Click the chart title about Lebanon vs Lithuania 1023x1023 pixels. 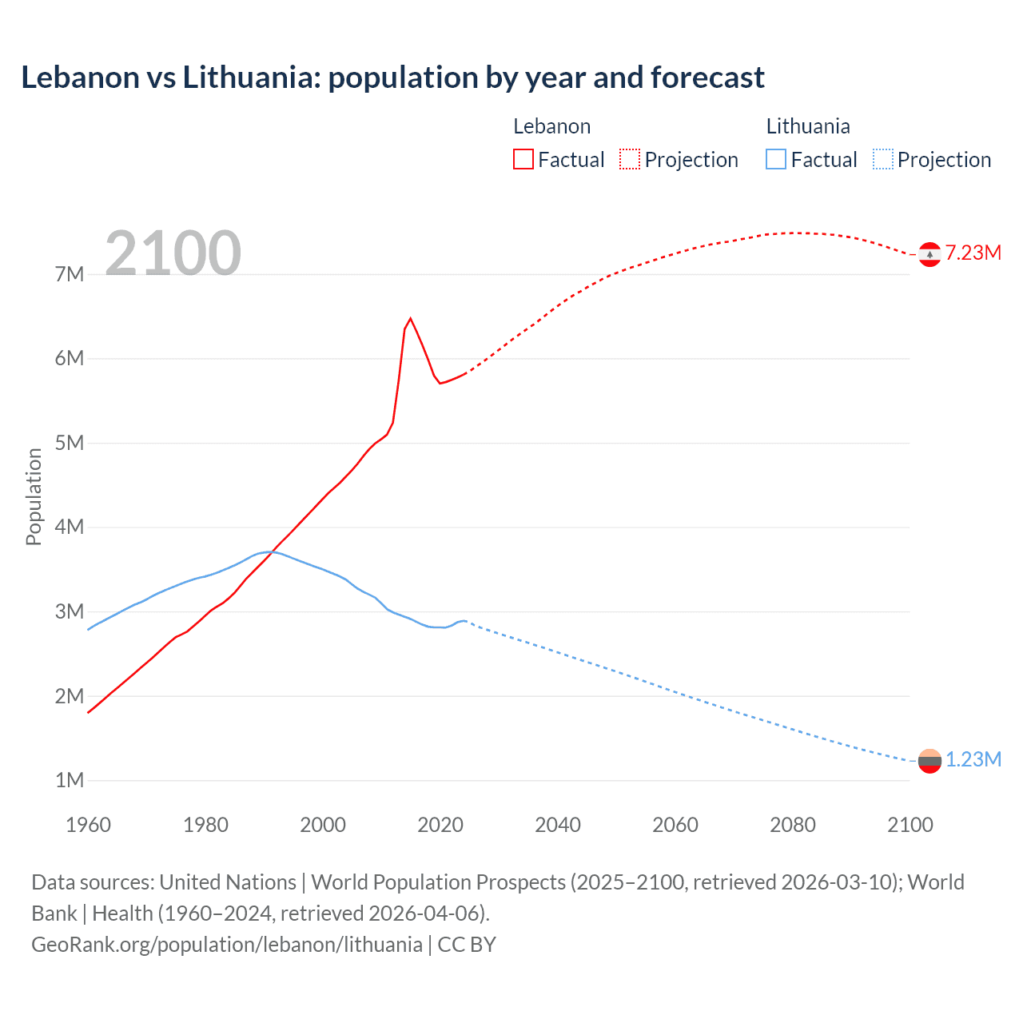click(392, 78)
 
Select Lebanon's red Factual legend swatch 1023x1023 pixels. click(523, 159)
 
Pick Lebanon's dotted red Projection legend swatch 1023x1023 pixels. click(630, 159)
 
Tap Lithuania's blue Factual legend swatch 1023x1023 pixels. click(776, 159)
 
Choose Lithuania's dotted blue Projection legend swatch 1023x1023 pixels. click(883, 159)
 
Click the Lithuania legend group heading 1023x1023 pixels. click(808, 126)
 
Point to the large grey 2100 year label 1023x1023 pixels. click(173, 253)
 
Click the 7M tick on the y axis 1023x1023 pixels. click(70, 274)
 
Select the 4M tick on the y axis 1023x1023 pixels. click(70, 527)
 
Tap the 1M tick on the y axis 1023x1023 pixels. click(70, 780)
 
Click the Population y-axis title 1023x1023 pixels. click(34, 496)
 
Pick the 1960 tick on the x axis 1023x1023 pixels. click(88, 825)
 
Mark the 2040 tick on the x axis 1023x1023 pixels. click(558, 825)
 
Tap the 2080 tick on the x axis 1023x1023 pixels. click(793, 825)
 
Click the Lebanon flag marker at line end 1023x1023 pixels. click(929, 254)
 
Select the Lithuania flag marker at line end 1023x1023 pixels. click(929, 761)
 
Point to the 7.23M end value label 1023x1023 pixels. click(973, 253)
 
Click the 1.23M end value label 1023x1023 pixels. click(973, 759)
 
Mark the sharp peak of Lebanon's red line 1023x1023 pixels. click(410, 319)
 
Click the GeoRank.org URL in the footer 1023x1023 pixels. click(227, 944)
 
